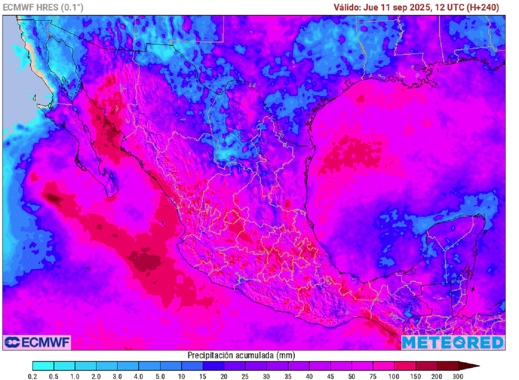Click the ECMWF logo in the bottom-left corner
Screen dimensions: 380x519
point(37,342)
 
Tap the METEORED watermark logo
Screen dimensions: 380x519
point(453,343)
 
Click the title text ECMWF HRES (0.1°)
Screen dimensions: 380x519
point(43,7)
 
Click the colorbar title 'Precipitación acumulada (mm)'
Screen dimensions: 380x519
point(241,355)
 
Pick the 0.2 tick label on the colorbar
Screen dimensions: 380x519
point(33,376)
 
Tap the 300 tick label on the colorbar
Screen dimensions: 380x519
point(458,376)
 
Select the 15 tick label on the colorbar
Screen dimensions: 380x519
point(203,376)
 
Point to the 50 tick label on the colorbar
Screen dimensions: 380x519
point(352,376)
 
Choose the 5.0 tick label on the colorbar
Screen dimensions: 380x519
point(160,376)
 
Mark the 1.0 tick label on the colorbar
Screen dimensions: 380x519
point(75,376)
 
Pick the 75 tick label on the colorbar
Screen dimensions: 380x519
point(373,376)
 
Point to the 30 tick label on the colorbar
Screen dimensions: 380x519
point(267,376)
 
